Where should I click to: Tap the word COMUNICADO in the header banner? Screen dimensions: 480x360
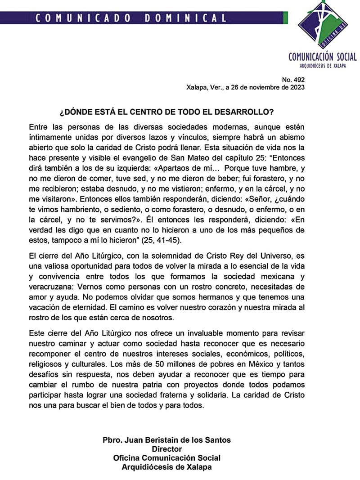(x=84, y=18)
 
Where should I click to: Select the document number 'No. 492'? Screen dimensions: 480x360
(x=293, y=80)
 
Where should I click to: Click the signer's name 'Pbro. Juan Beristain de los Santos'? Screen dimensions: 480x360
(x=166, y=440)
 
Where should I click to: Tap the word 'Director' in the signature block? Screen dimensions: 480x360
(x=166, y=449)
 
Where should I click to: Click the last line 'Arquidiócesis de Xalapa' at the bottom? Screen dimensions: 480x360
(x=166, y=467)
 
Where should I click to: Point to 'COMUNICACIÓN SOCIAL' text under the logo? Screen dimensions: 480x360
(x=322, y=57)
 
